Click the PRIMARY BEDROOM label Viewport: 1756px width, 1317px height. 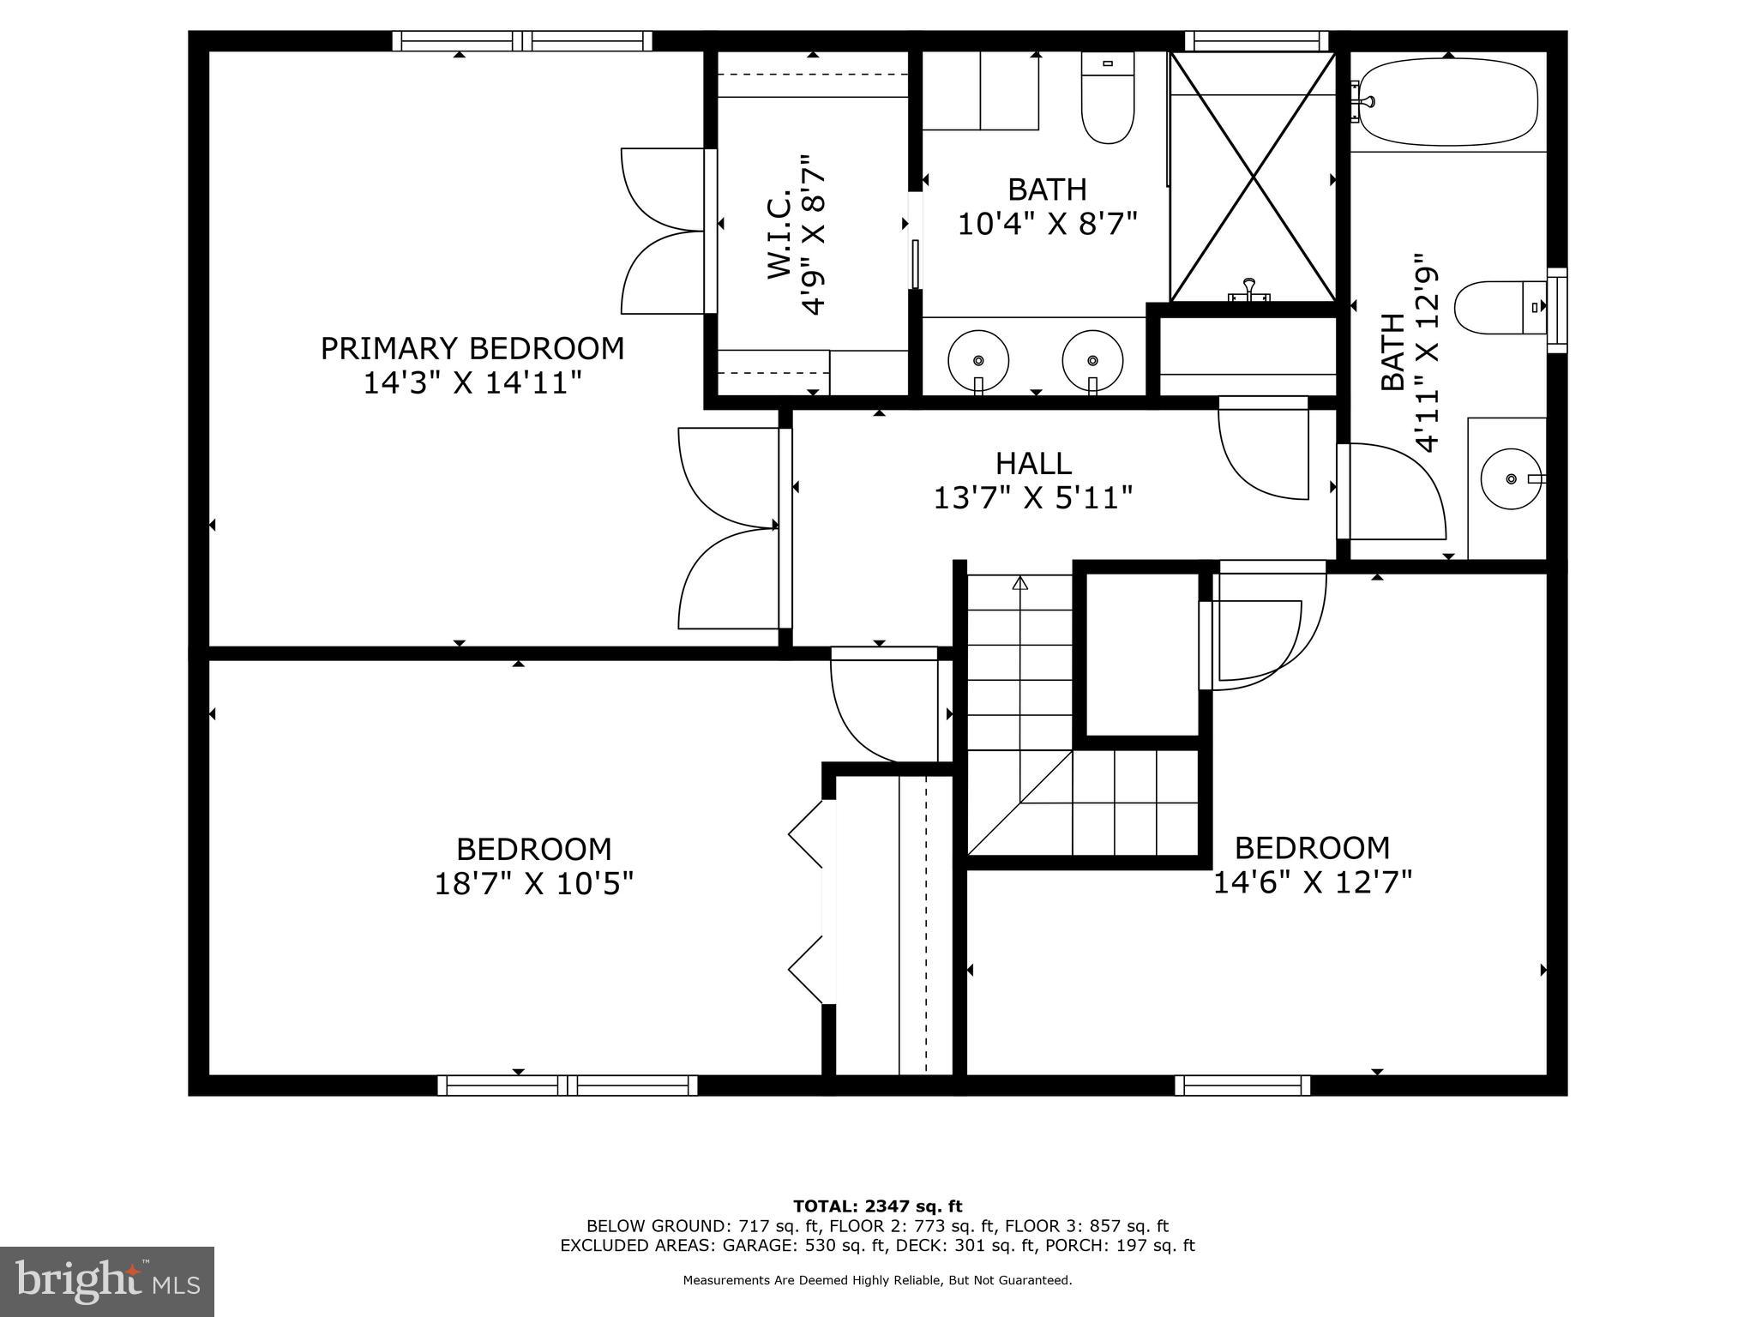pos(472,349)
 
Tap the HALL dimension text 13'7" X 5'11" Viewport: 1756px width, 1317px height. pos(1033,498)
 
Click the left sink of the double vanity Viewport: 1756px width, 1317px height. pos(977,359)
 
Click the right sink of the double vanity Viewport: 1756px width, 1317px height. pos(1092,359)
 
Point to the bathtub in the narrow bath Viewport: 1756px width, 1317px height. pos(1448,102)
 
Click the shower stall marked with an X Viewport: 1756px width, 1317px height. pos(1253,177)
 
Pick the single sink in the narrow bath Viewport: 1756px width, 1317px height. pos(1511,478)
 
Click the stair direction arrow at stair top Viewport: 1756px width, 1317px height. pos(1019,584)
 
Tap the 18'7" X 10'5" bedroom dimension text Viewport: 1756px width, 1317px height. pos(533,884)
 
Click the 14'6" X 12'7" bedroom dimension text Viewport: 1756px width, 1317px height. pos(1312,882)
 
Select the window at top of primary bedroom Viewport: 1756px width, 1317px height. pos(522,40)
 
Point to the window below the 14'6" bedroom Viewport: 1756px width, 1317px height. pos(1242,1085)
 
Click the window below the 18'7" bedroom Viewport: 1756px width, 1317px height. pos(567,1085)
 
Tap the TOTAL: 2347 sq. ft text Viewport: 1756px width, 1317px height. pos(877,1206)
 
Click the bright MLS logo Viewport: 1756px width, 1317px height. pos(106,1281)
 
